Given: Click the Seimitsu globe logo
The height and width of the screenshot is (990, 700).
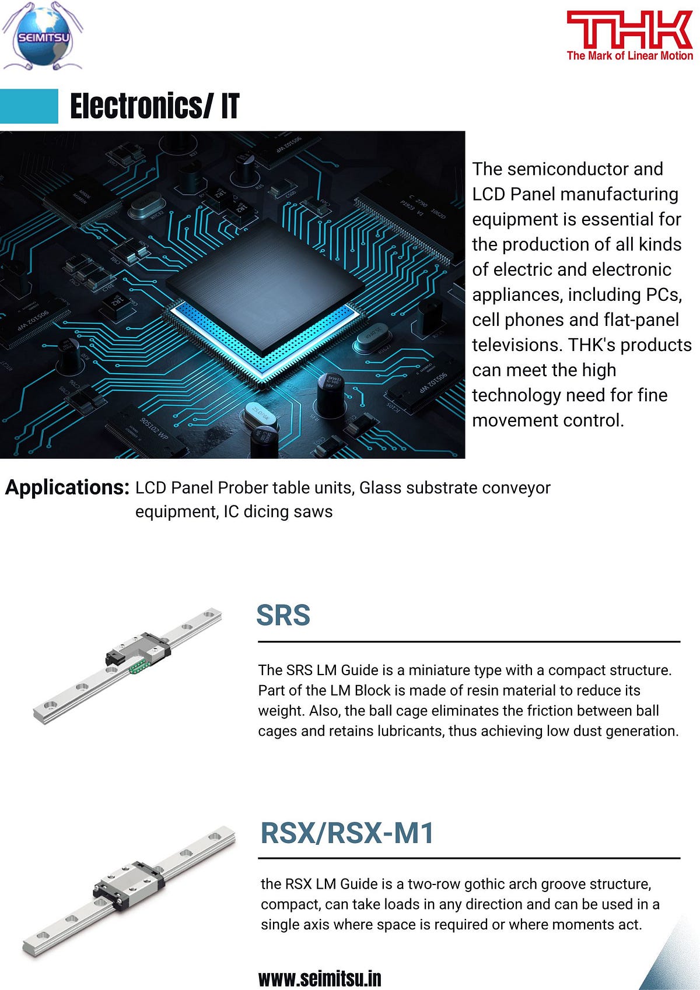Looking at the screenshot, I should coord(43,37).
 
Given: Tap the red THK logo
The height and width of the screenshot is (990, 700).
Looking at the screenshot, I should coord(629,29).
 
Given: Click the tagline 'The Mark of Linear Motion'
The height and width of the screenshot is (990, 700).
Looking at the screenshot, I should coord(629,56).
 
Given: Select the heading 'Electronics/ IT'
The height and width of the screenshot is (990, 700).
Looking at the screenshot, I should coord(155,106).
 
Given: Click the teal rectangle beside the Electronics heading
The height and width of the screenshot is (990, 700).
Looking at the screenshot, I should coord(29,106).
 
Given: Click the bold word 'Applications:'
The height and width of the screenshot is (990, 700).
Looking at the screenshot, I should coord(67,487).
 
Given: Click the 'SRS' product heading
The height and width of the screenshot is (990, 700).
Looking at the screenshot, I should coord(283,615).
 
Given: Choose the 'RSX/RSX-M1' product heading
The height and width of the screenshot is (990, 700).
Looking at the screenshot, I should coord(347,833).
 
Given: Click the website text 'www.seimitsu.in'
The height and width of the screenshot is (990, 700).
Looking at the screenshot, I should coord(320,978).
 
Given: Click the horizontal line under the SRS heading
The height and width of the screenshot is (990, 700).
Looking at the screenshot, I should coord(469,641).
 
